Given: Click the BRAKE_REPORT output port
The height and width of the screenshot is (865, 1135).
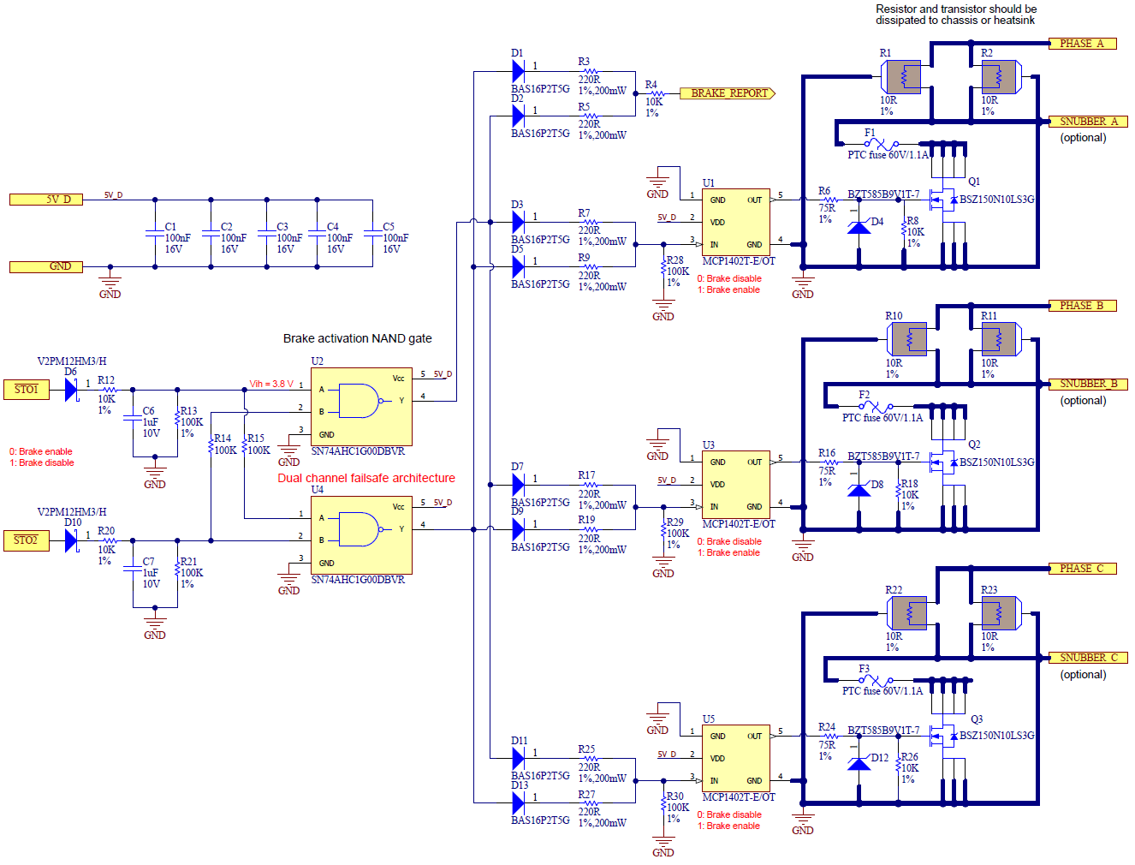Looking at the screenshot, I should click(x=728, y=93).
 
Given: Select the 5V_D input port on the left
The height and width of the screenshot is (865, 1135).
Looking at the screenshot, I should click(x=46, y=200).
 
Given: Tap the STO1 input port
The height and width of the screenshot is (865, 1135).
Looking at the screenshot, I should click(x=27, y=390).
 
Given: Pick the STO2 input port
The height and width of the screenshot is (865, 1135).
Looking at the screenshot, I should click(x=27, y=540).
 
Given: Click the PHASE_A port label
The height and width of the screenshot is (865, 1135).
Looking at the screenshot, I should click(x=1082, y=44).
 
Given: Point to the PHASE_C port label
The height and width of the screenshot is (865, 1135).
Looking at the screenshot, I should click(x=1082, y=569).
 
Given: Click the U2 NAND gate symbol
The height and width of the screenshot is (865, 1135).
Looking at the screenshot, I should click(x=360, y=401).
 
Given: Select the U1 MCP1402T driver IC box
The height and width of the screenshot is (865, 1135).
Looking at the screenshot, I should click(x=735, y=222).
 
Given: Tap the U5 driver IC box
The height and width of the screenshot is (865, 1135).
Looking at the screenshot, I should click(x=735, y=758).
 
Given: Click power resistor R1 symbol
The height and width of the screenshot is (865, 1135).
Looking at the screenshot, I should click(x=904, y=78).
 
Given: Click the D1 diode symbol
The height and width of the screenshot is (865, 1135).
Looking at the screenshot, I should click(x=518, y=70).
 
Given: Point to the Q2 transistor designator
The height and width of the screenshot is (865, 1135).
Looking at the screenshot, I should click(x=974, y=444).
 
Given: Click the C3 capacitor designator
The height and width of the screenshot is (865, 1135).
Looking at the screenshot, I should click(x=282, y=227).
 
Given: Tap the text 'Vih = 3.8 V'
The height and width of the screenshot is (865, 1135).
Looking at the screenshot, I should click(x=271, y=384).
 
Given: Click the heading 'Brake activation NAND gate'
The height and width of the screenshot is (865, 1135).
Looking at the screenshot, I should click(x=357, y=338).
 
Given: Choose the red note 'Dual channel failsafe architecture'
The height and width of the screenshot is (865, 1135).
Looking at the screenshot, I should click(x=366, y=478).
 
